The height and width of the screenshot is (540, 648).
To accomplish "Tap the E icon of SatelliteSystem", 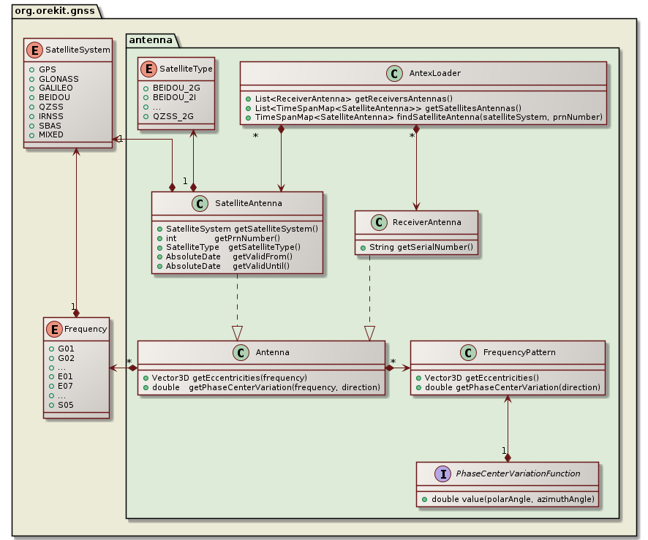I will coord(35,50).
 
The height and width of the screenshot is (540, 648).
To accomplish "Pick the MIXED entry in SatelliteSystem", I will coord(51,135).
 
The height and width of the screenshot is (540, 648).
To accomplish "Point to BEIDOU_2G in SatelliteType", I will coord(176,88).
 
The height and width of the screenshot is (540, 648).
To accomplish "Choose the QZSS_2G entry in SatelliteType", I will coord(173,116).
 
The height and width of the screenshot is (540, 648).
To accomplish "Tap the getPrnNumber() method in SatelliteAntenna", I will coord(247,238).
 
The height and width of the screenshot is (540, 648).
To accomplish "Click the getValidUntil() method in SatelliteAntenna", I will coord(261,266).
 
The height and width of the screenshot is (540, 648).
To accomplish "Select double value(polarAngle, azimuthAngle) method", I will coord(508,498).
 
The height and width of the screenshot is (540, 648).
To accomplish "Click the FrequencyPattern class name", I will coord(519,353).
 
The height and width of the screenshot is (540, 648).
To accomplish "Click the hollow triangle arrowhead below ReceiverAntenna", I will coord(369,333).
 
